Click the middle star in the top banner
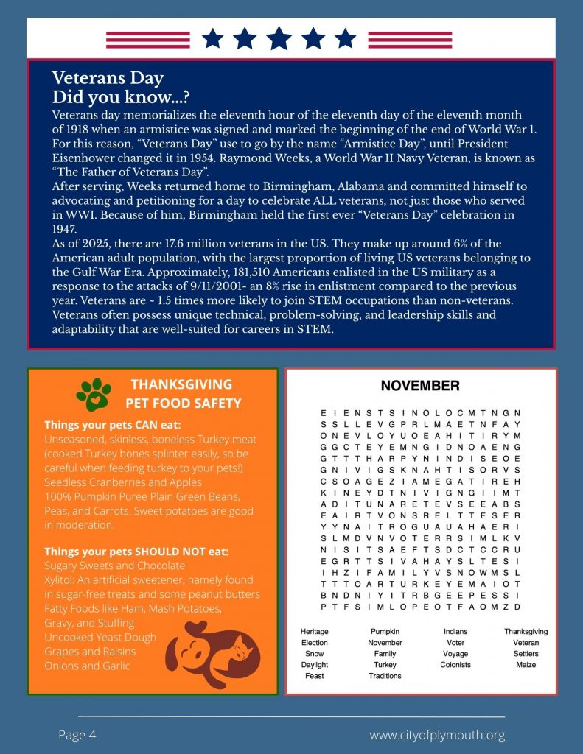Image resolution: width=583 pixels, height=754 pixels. pos(279,38)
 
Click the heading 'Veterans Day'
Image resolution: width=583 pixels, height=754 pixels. pos(108,78)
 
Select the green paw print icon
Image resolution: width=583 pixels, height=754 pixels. pos(94,395)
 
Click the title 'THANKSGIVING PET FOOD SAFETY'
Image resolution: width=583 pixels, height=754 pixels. pos(183,394)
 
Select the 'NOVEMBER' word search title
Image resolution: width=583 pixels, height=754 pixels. pos(420,386)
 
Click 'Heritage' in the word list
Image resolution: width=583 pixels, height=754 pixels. pos(315,632)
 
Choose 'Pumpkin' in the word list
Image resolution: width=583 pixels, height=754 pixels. pos(385,632)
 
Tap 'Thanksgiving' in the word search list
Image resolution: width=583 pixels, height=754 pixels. pos(526,632)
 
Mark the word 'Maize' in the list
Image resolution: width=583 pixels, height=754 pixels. pos(526,665)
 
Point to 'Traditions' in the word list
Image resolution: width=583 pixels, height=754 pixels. pos(385,676)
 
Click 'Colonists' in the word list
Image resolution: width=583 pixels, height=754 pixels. pos(455,665)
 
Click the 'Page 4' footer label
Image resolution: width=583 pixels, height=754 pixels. pos(77,735)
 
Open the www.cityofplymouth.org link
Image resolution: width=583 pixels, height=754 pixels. pos(436,735)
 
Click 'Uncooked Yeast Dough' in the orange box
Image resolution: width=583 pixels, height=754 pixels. pos(100,637)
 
